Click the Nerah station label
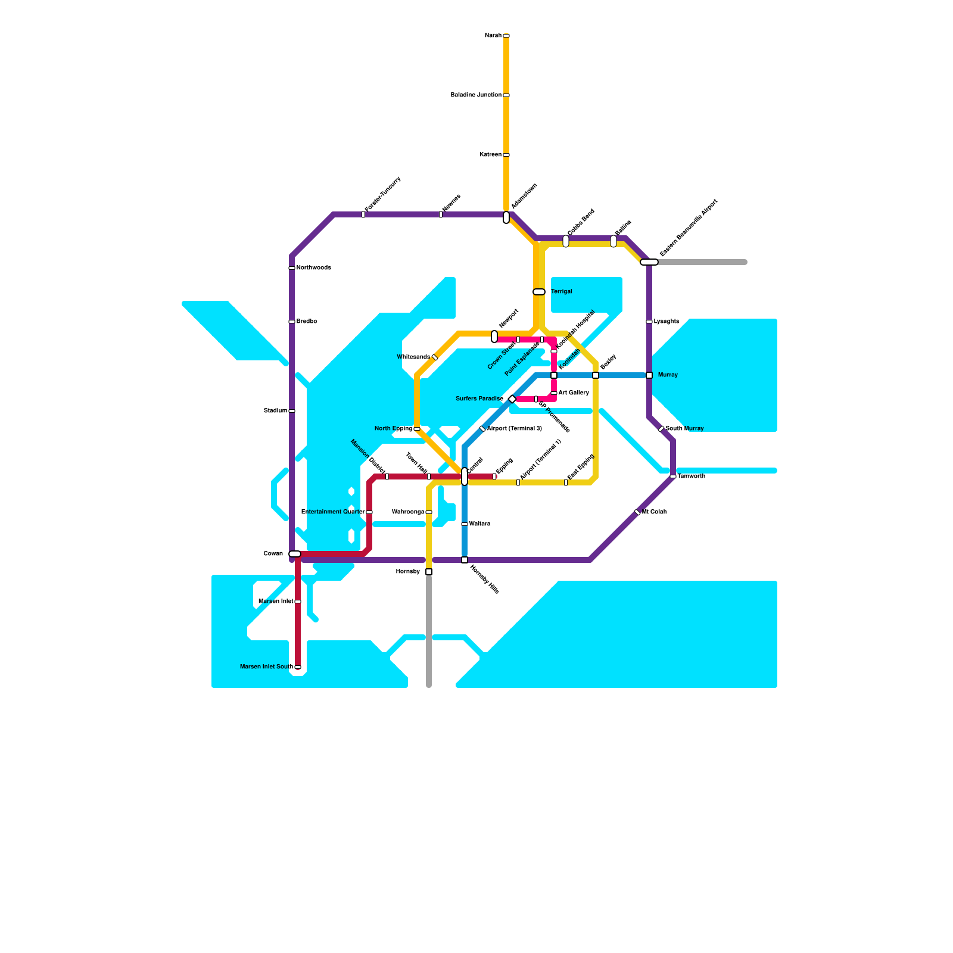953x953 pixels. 493,36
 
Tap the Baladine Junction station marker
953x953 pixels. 506,95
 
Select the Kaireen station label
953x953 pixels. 490,155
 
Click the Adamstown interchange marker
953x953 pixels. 506,217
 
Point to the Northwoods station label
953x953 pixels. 313,268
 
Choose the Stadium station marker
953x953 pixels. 292,411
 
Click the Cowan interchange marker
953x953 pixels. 295,554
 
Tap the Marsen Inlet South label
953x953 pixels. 266,667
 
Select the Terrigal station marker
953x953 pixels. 539,292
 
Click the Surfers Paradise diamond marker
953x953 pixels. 512,399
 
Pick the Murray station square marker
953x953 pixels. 649,375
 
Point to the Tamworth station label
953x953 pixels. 691,476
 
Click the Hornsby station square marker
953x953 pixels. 429,572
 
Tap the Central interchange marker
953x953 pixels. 465,476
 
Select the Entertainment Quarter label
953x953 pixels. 333,512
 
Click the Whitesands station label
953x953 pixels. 413,357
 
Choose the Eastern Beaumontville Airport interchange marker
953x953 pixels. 649,262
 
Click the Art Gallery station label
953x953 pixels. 574,393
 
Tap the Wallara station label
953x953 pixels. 479,524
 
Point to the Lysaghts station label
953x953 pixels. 667,322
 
